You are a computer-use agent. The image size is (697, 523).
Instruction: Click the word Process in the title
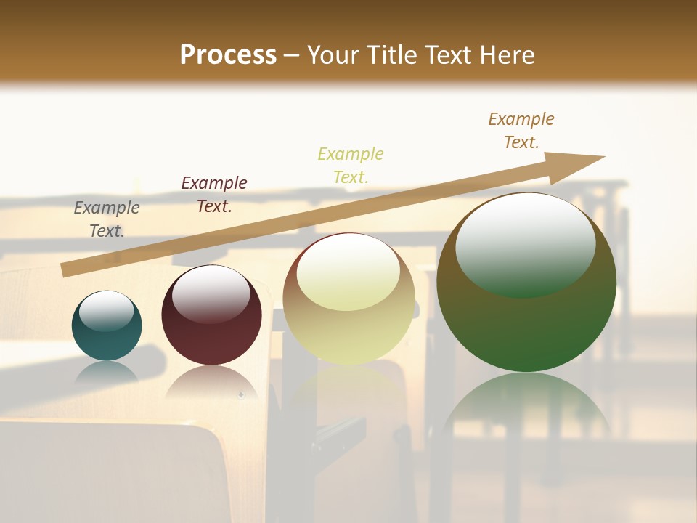point(228,55)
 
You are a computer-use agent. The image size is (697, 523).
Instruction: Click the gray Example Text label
point(107,219)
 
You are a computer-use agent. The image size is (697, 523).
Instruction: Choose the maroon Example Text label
point(214,195)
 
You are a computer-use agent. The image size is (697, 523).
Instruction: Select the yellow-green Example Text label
point(351,166)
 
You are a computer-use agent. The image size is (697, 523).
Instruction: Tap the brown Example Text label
point(521,131)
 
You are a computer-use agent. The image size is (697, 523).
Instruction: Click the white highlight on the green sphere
point(526,243)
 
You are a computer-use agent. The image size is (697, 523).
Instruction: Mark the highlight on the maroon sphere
point(211,294)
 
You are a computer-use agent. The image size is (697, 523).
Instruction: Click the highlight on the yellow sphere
point(348,271)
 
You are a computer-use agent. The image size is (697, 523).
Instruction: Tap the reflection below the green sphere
point(526,407)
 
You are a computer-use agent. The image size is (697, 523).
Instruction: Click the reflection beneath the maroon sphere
point(211,381)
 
